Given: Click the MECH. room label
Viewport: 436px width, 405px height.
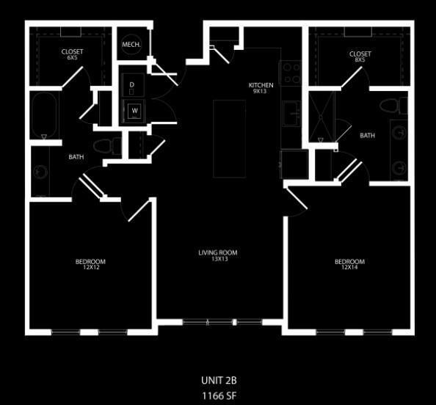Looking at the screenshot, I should point(131,45).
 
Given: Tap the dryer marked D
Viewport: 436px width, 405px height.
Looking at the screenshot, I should point(132,85).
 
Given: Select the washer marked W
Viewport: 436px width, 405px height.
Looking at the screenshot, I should point(134,112).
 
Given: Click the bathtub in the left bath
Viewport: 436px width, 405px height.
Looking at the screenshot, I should point(44,114).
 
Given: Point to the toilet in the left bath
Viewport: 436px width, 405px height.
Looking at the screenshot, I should point(107,145).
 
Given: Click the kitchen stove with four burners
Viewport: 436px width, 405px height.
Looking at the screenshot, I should point(291,73).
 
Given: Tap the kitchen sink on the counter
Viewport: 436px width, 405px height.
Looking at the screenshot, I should point(291,114).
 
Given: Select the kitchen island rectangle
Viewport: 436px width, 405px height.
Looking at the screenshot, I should point(229,138).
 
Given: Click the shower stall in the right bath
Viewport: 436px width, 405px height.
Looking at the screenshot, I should point(321,116).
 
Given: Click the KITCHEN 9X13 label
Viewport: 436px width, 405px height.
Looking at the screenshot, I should point(261,88).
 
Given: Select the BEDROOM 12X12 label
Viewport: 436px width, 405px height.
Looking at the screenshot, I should point(90,265).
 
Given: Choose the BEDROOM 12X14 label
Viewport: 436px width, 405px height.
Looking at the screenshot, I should point(349,265).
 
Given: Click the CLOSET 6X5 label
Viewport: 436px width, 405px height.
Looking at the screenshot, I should point(72,56).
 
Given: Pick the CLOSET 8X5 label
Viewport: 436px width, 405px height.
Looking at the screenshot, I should point(360,56).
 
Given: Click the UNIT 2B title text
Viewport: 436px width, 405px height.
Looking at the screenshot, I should point(219,381).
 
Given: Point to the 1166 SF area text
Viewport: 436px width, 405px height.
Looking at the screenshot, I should point(219,395).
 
